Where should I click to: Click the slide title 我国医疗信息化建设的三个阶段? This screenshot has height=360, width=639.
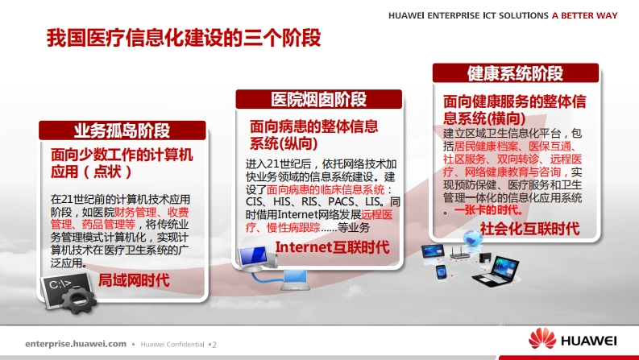(184, 38)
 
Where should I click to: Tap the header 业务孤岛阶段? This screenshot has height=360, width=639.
(122, 130)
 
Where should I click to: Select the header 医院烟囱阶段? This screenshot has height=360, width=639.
(318, 99)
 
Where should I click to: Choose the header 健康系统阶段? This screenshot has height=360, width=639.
(515, 73)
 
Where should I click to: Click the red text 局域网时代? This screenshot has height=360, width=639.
(134, 280)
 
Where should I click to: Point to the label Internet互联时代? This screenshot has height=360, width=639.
(333, 246)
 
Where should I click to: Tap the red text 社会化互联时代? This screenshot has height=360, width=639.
(529, 229)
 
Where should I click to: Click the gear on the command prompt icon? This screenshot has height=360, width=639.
(80, 300)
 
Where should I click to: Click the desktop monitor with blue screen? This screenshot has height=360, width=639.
(255, 259)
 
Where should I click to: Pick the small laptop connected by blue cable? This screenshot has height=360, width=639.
(295, 280)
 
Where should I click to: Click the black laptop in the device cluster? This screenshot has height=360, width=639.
(496, 271)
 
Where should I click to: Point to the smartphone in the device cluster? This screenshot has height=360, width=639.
(441, 272)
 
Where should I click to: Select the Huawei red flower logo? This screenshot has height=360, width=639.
(542, 339)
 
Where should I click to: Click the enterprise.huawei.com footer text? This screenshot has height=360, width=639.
(76, 344)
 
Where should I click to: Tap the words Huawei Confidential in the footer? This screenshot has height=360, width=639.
(172, 344)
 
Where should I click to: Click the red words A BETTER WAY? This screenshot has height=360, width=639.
(585, 15)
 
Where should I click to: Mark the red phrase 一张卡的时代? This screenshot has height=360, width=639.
(488, 210)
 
